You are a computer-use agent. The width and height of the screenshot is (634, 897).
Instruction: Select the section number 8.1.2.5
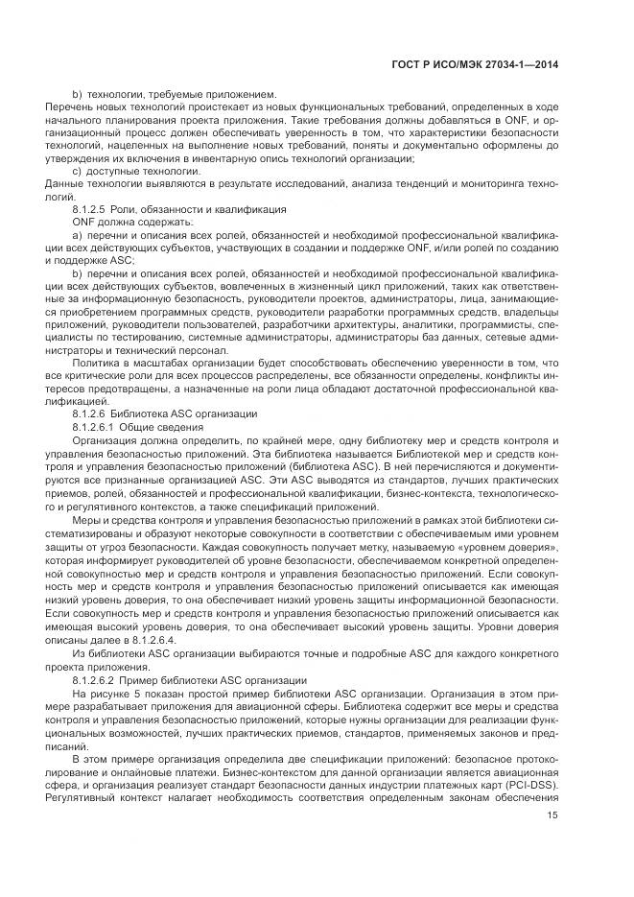(x=92, y=208)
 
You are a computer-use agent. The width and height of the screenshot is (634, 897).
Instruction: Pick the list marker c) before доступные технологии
(x=78, y=170)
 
